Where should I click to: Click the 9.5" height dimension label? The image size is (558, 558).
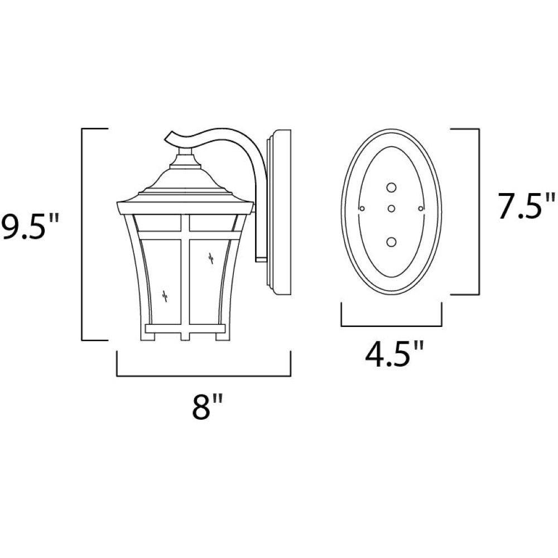pos(28,227)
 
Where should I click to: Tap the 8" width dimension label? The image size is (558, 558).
pos(207,406)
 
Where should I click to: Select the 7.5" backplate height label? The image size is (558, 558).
pos(526,206)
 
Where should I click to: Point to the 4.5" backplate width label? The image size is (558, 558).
pos(395,354)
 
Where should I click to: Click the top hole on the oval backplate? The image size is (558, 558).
pos(392,187)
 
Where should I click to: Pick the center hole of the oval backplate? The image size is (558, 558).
pos(392,209)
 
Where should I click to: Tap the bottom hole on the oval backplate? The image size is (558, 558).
pos(392,242)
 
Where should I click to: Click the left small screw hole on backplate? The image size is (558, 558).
pos(362,209)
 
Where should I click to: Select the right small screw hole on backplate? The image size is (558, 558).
pos(421,209)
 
